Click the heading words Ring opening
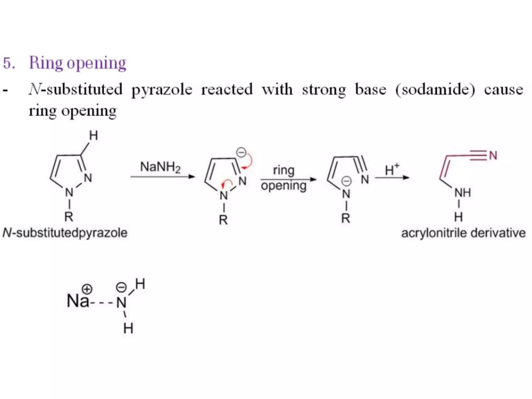pos(77,63)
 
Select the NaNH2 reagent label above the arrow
pos(160,167)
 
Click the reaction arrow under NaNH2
pos(163,177)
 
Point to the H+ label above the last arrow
pos(392,170)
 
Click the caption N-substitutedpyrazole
pos(65,233)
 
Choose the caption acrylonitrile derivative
pos(463,233)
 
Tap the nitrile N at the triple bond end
pos(493,156)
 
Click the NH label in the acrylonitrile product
pos(463,193)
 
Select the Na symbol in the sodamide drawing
pos(77,301)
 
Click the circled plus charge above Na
pos(87,289)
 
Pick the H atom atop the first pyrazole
pos(94,136)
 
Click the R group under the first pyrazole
pos(69,217)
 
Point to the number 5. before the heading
pos(9,63)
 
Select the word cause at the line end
pos(503,90)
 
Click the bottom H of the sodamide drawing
pos(128,328)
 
